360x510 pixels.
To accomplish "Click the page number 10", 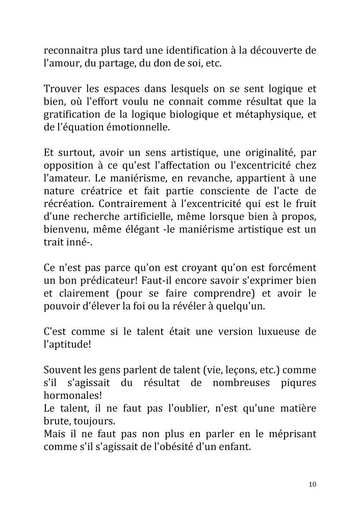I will [312, 484].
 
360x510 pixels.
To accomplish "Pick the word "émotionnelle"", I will [141, 127].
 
